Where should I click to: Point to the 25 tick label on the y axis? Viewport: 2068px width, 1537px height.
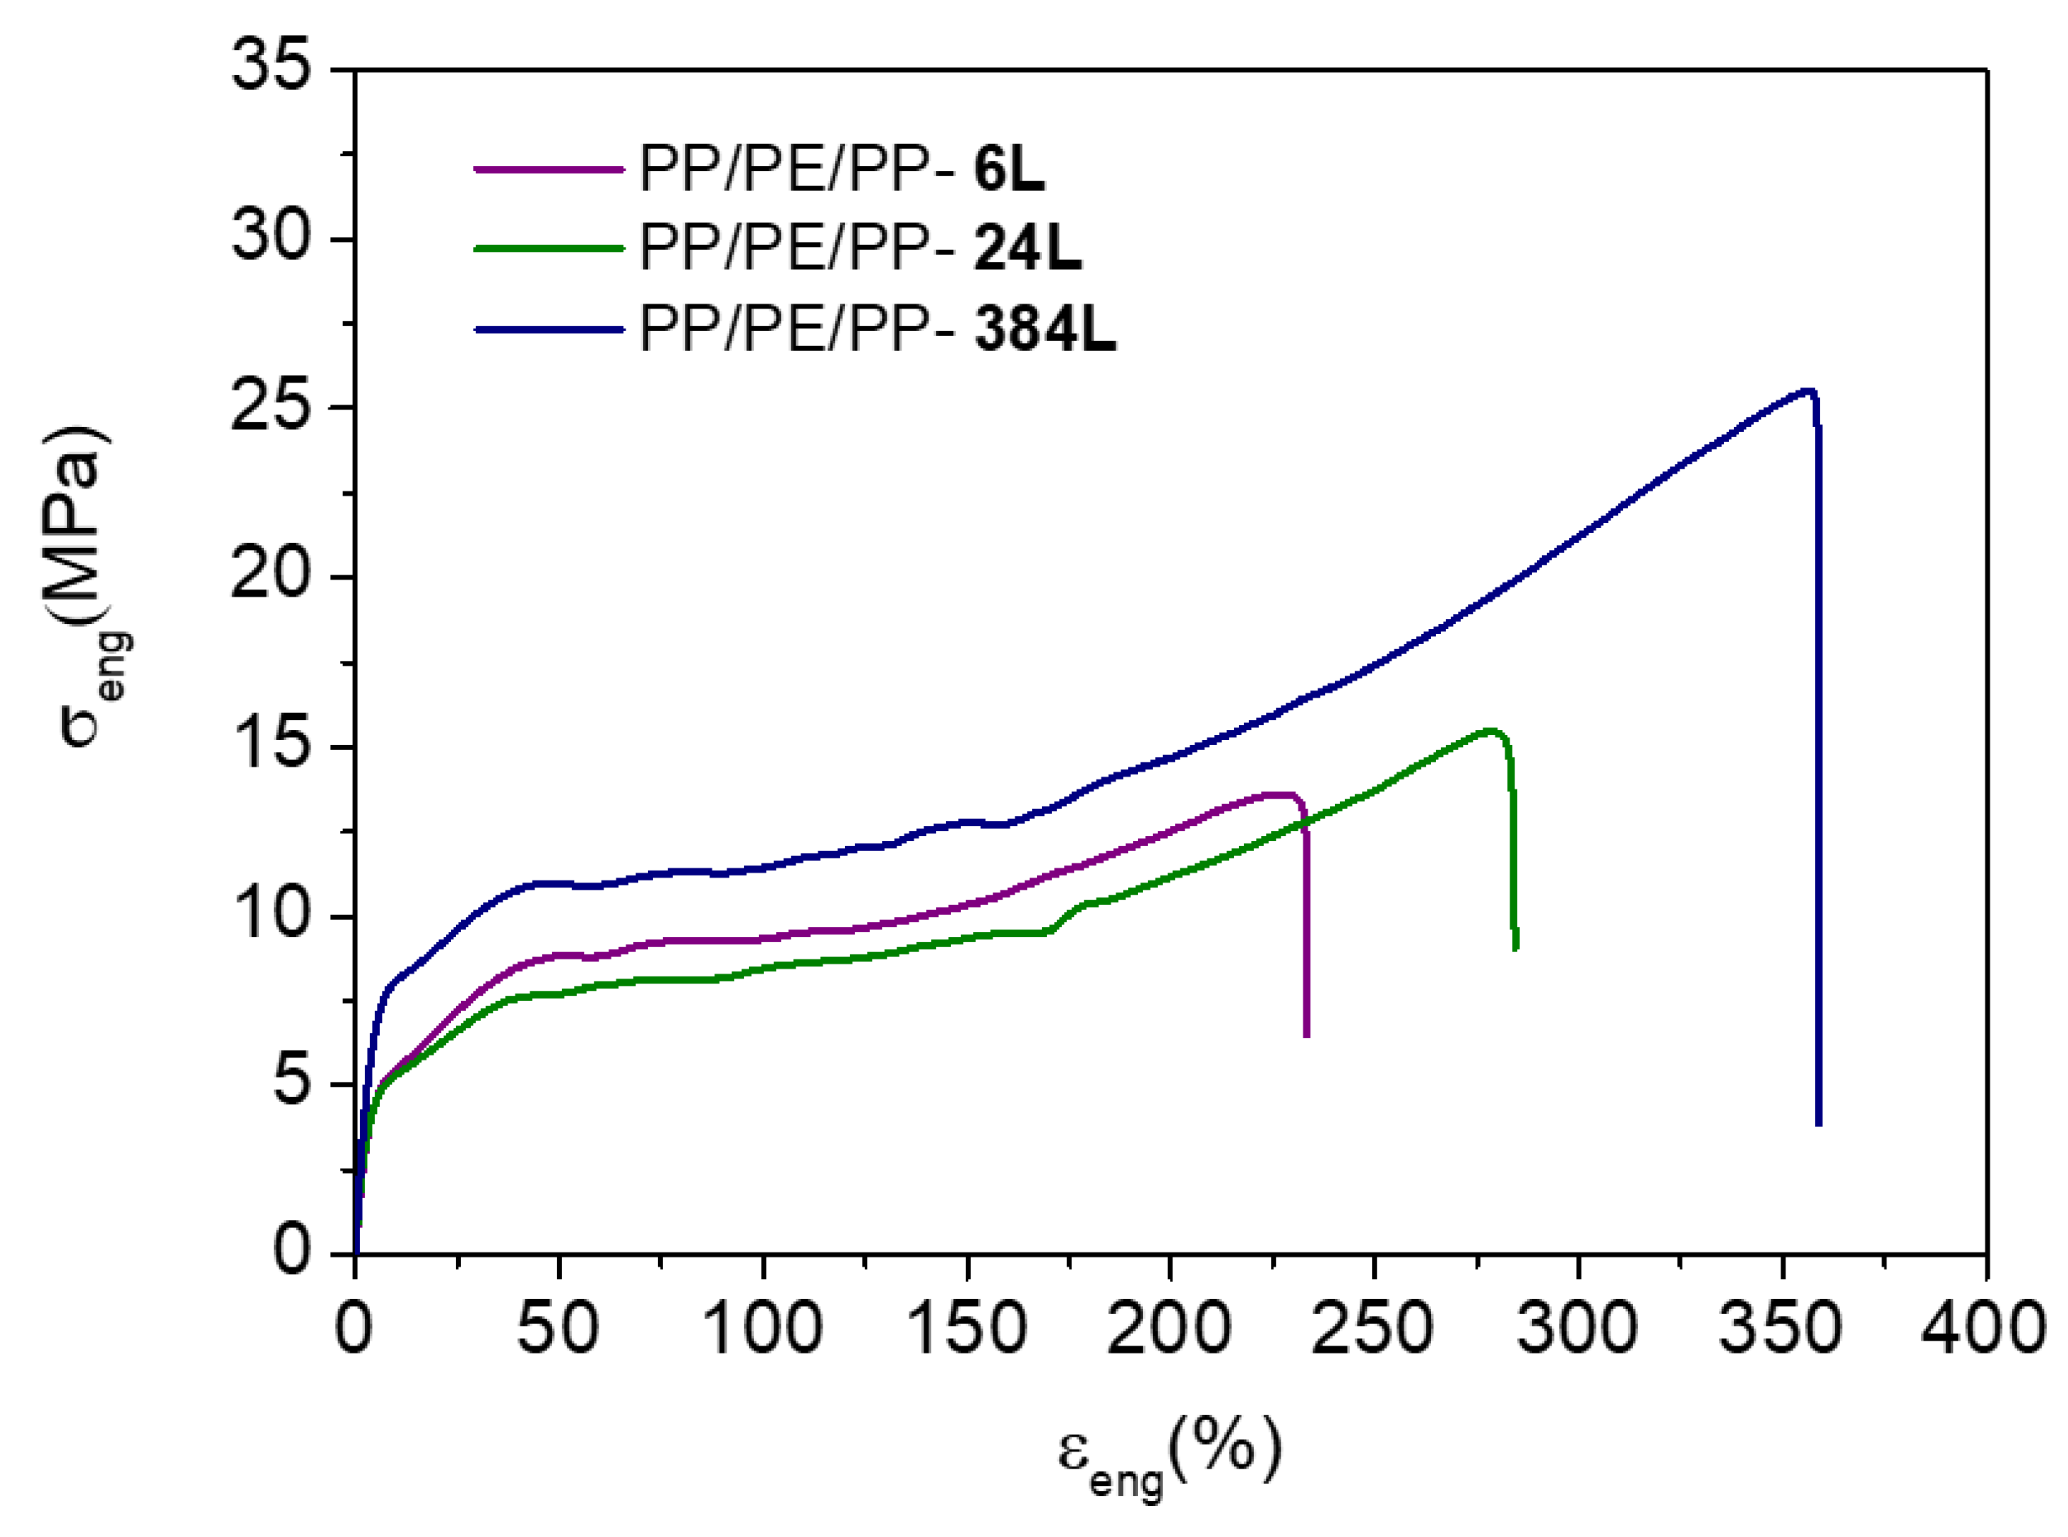270,407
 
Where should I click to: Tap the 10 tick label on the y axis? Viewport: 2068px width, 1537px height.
270,916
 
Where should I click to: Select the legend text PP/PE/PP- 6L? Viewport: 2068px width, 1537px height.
842,169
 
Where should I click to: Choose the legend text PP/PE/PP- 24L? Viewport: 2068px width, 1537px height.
861,248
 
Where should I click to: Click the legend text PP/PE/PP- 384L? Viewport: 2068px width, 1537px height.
877,328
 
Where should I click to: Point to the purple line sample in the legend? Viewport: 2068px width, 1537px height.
549,169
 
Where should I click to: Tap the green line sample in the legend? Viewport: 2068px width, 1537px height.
549,248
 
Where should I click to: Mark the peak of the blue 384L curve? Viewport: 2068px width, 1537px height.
1807,390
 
